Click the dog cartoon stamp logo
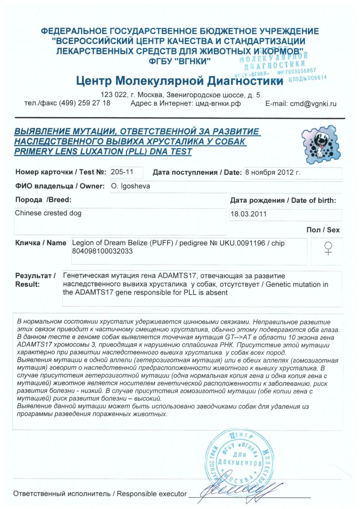click(x=321, y=145)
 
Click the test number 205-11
click(x=122, y=172)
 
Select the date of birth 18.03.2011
click(x=249, y=214)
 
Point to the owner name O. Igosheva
click(x=130, y=186)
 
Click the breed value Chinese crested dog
click(x=48, y=213)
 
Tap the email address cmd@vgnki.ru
click(x=313, y=104)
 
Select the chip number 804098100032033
click(x=102, y=251)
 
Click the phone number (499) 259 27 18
click(x=84, y=103)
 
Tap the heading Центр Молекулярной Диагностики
click(x=179, y=81)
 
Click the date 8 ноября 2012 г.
click(x=272, y=172)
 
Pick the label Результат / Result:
click(x=35, y=280)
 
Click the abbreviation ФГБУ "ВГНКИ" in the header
click(x=179, y=61)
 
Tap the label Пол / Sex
click(x=323, y=230)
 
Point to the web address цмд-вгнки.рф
click(x=218, y=103)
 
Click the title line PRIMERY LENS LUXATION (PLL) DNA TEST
click(x=103, y=152)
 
